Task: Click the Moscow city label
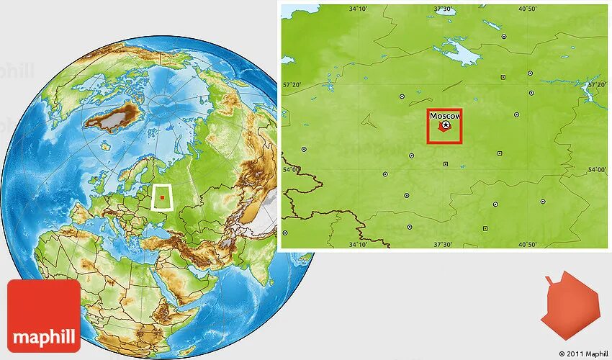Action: click(445, 115)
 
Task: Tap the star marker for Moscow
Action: click(446, 125)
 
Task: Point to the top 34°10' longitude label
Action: click(359, 9)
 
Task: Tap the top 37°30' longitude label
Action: click(443, 9)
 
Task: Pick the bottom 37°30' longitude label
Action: click(443, 244)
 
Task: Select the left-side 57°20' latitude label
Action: click(291, 85)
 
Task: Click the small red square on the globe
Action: click(163, 197)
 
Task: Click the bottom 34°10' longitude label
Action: click(359, 244)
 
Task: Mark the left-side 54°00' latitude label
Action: click(291, 170)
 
